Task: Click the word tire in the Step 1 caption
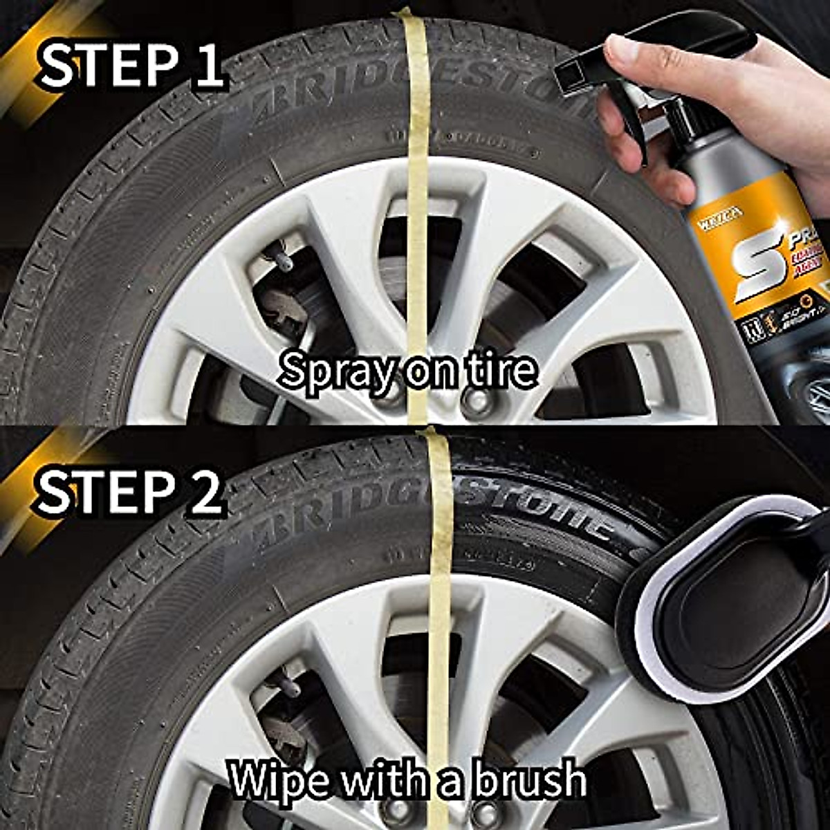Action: click(504, 371)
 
